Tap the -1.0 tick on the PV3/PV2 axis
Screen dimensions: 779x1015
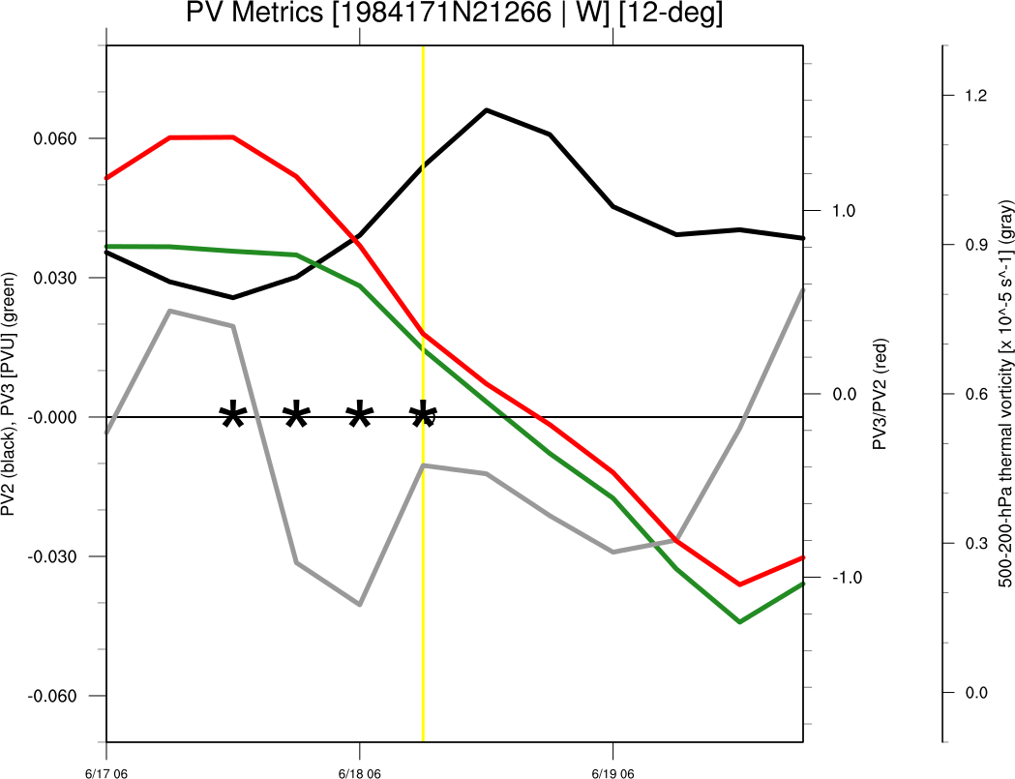842,577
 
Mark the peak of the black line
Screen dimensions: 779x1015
486,110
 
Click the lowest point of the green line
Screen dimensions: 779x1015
740,622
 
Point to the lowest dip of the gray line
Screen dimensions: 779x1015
360,605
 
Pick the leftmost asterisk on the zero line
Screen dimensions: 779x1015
233,417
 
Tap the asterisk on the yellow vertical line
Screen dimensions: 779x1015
423,417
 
